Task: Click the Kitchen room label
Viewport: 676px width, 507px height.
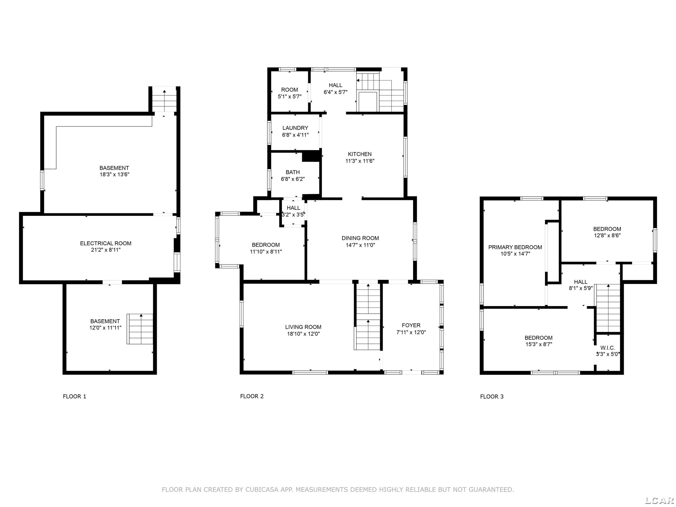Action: click(x=360, y=154)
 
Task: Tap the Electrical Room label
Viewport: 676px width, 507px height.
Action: click(x=106, y=244)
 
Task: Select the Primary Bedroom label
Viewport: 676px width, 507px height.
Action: click(x=515, y=247)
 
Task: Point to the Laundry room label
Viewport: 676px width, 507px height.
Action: click(x=295, y=128)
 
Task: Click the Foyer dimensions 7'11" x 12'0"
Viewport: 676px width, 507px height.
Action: click(x=411, y=332)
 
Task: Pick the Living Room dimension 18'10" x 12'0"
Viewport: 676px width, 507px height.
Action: click(x=303, y=334)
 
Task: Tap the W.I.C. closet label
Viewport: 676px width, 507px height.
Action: click(x=607, y=348)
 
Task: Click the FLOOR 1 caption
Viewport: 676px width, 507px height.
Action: click(x=75, y=396)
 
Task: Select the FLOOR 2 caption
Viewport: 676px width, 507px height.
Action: click(x=252, y=396)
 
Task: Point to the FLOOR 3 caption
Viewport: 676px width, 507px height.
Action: click(x=492, y=396)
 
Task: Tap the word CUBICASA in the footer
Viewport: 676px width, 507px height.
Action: click(x=262, y=490)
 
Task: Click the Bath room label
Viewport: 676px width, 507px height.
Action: click(x=293, y=172)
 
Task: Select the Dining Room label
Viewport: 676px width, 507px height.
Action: click(x=360, y=238)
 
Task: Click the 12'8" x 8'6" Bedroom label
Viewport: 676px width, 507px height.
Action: click(x=607, y=229)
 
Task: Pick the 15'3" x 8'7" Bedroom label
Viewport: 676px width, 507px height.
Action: click(x=539, y=338)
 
